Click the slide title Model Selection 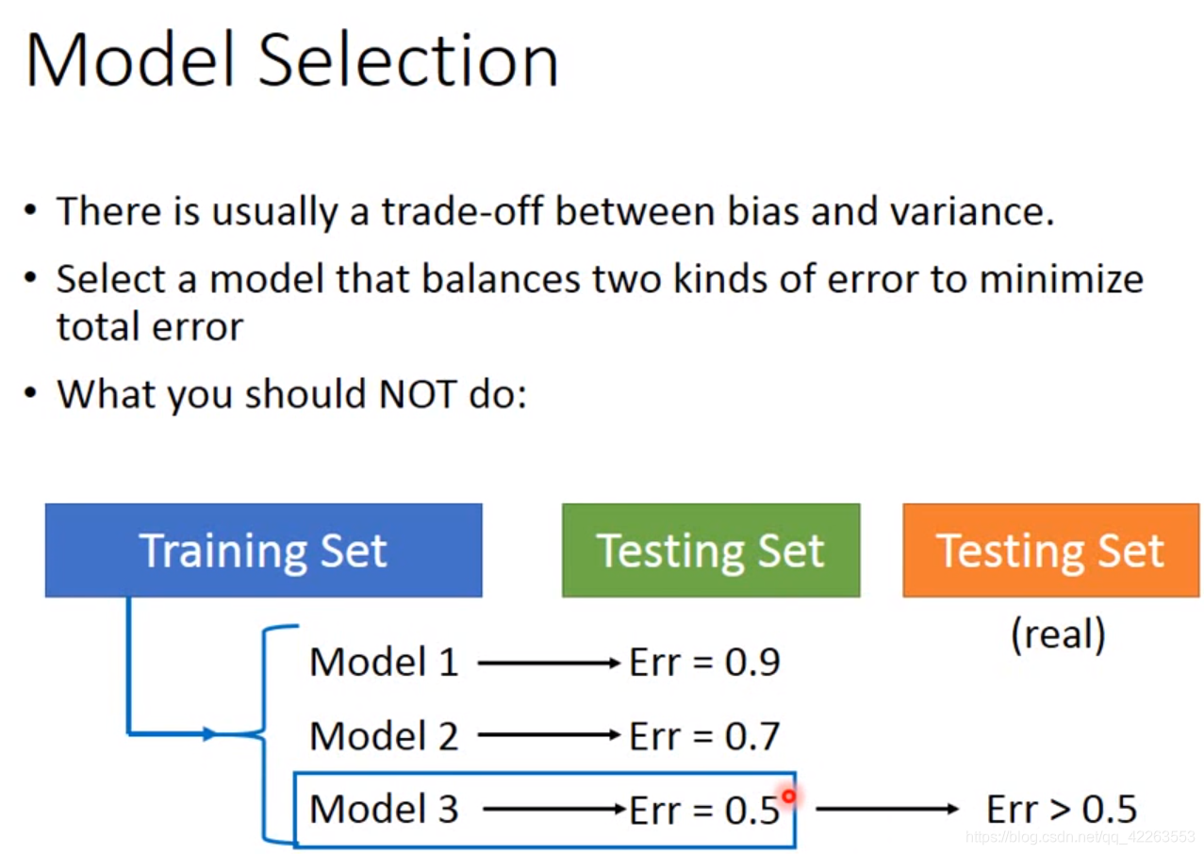coord(292,60)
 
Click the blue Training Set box coord(263,550)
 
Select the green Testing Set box coord(711,550)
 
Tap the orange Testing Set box coord(1050,550)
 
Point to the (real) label coord(1058,634)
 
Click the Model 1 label coord(384,662)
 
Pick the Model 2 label coord(384,735)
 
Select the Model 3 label coord(384,809)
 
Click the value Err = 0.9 coord(704,662)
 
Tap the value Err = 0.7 coord(704,735)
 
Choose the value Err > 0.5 coord(1062,809)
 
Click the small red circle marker coord(788,796)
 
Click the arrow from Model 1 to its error coord(549,663)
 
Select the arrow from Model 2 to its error coord(549,734)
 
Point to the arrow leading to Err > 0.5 coord(887,809)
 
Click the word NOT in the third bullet coord(418,395)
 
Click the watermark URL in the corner coord(1080,837)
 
